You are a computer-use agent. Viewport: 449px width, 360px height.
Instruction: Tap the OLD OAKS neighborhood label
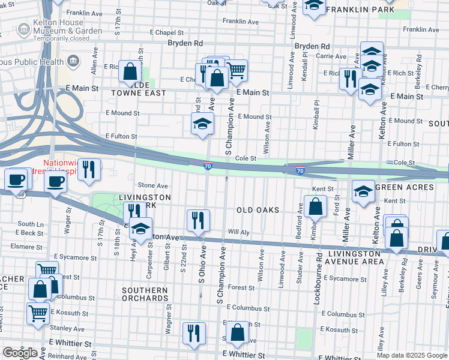tap(258, 209)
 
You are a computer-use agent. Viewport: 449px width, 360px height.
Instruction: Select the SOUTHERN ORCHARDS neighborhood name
tap(145, 295)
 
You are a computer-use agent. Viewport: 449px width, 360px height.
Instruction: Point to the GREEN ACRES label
tap(404, 187)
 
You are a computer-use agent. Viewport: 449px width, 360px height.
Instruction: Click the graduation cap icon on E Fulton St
tap(202, 124)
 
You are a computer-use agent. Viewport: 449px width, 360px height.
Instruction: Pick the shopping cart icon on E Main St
tap(237, 70)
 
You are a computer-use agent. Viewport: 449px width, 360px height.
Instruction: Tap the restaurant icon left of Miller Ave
tap(349, 78)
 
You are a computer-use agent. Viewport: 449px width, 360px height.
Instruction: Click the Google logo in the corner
tap(20, 352)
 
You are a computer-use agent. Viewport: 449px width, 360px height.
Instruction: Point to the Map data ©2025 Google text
tap(412, 355)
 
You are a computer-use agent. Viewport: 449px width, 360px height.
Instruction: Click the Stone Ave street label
tap(153, 186)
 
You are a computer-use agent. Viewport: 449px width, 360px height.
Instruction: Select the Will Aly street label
tap(238, 232)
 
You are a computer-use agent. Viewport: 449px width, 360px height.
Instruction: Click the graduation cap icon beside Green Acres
tap(363, 191)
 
